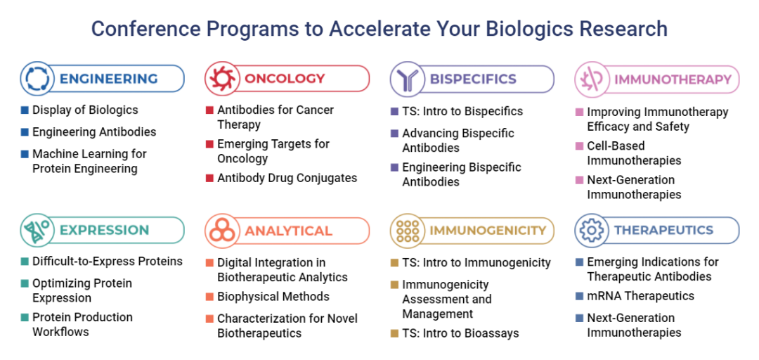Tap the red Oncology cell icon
pyautogui.click(x=222, y=79)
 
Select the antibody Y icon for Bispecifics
pyautogui.click(x=407, y=79)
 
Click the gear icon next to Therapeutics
pyautogui.click(x=592, y=231)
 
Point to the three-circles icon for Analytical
pyautogui.click(x=222, y=231)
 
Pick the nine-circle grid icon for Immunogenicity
pyautogui.click(x=407, y=231)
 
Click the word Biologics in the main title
pyautogui.click(x=524, y=29)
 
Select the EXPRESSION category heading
pyautogui.click(x=104, y=231)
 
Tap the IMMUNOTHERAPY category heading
pyautogui.click(x=673, y=79)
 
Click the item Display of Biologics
pyautogui.click(x=85, y=110)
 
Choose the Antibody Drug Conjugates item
pyautogui.click(x=287, y=178)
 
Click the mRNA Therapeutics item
pyautogui.click(x=640, y=296)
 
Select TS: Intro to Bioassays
pyautogui.click(x=460, y=333)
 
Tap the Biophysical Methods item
pyautogui.click(x=273, y=297)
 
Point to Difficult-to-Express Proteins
pyautogui.click(x=108, y=261)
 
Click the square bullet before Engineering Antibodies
pyautogui.click(x=25, y=131)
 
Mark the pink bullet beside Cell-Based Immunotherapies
pyautogui.click(x=579, y=146)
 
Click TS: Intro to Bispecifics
pyautogui.click(x=462, y=111)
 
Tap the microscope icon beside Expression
pyautogui.click(x=37, y=231)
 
